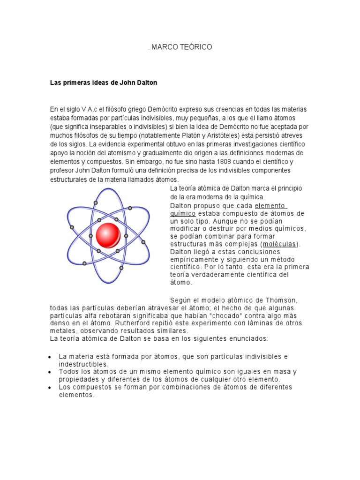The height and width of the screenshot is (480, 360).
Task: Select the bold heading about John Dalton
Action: point(104,82)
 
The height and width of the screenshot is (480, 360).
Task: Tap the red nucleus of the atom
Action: point(108,235)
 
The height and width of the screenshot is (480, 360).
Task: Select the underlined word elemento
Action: point(270,206)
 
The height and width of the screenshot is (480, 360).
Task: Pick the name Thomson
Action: point(281,300)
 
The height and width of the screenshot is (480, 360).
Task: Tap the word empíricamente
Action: point(193,260)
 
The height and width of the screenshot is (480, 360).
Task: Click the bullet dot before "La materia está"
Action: point(49,357)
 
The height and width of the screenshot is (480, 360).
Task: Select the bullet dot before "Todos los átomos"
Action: point(49,372)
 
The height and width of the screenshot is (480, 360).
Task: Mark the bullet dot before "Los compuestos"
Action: point(49,387)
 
